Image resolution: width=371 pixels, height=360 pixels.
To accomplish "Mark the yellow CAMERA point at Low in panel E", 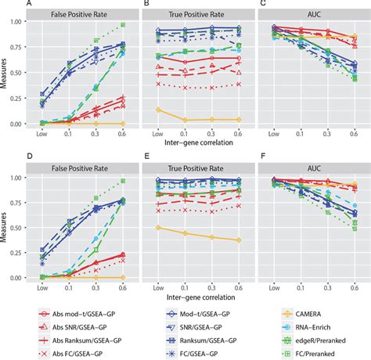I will (x=158, y=228).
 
